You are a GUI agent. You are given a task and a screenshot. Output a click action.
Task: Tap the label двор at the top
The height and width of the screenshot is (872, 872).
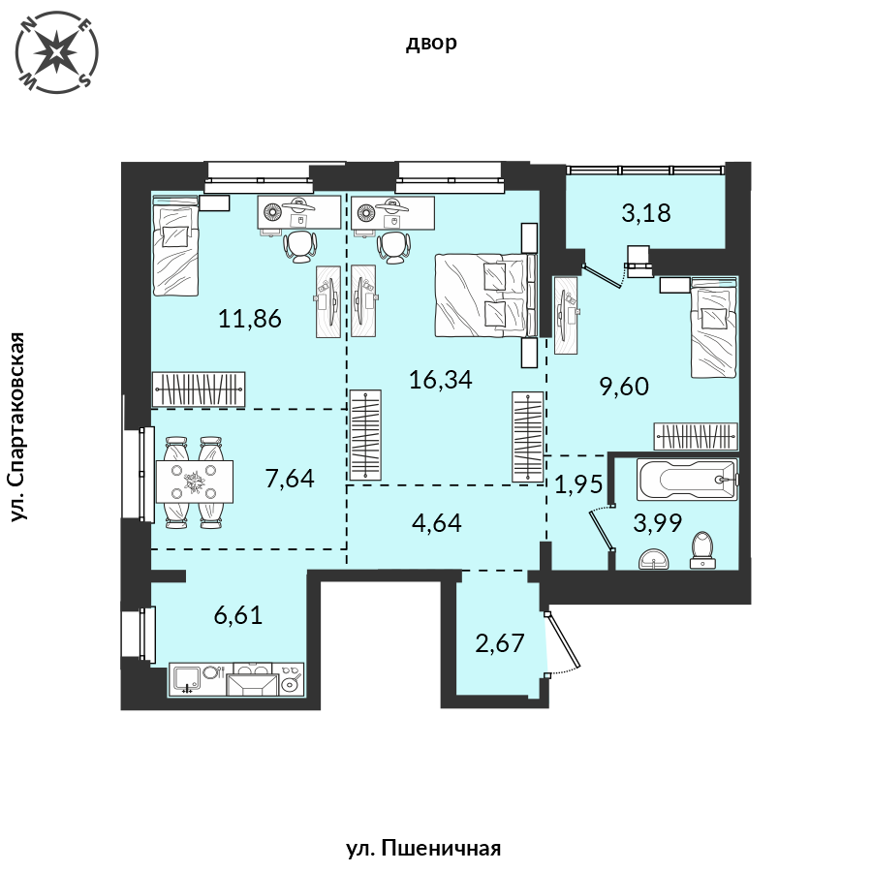(431, 43)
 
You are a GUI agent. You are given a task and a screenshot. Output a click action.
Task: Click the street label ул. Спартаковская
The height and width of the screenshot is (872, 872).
(18, 427)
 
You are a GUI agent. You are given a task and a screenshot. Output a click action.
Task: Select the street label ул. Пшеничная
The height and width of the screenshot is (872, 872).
(423, 849)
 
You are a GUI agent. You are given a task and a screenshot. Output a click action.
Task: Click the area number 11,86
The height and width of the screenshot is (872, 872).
(250, 319)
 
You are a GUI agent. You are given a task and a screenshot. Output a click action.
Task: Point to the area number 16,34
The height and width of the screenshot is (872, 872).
(441, 380)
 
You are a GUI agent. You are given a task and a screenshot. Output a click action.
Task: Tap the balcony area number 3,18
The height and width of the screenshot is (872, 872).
(646, 213)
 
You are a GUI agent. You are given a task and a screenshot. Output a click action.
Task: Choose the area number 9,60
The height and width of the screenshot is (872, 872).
(624, 387)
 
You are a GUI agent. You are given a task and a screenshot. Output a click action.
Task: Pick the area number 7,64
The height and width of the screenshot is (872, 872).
(290, 479)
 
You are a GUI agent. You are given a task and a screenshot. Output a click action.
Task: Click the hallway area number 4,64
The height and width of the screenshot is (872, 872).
(437, 523)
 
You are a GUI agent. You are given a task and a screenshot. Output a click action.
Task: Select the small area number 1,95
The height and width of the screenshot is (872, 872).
(579, 485)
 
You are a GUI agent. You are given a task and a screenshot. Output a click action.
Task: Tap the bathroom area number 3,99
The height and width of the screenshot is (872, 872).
(658, 523)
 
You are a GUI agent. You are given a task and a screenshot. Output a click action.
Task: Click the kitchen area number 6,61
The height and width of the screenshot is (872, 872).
(238, 615)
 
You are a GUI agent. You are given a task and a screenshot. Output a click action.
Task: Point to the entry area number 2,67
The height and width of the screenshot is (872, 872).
(500, 643)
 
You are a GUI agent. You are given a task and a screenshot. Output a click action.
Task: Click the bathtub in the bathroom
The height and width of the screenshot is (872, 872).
(687, 479)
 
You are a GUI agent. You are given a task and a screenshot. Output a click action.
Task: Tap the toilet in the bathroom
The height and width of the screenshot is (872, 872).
(703, 550)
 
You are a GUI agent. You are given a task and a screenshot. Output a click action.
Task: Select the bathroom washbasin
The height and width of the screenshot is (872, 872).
(656, 559)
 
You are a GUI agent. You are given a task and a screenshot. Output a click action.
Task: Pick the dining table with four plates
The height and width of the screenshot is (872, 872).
(195, 482)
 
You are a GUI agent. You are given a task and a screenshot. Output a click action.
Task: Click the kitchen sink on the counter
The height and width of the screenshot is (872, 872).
(186, 678)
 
